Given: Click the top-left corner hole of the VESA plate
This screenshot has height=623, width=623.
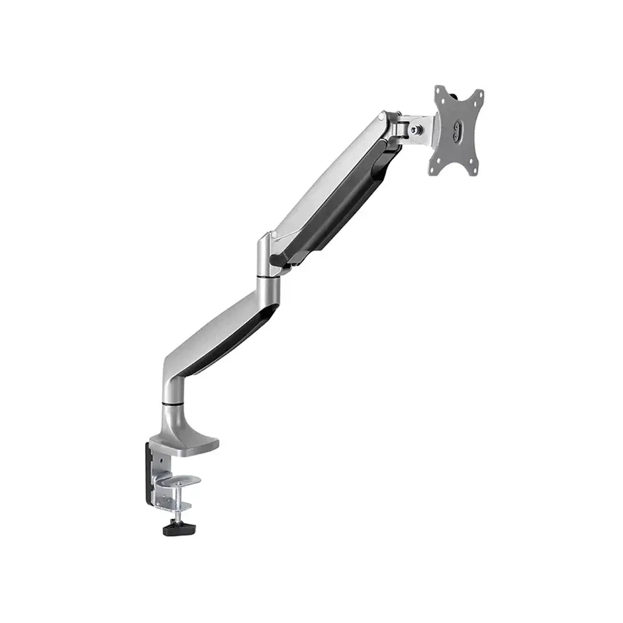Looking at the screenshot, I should pyautogui.click(x=442, y=93).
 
